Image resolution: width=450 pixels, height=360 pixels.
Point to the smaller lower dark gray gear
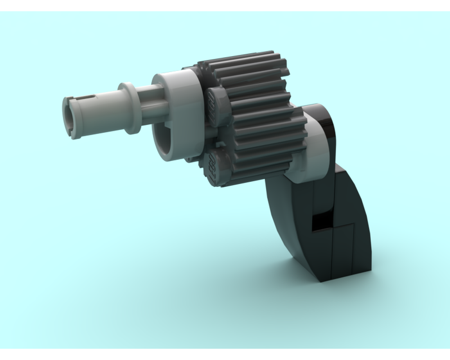click(x=265, y=144)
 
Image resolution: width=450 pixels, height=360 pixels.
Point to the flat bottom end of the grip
click(x=344, y=278)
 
